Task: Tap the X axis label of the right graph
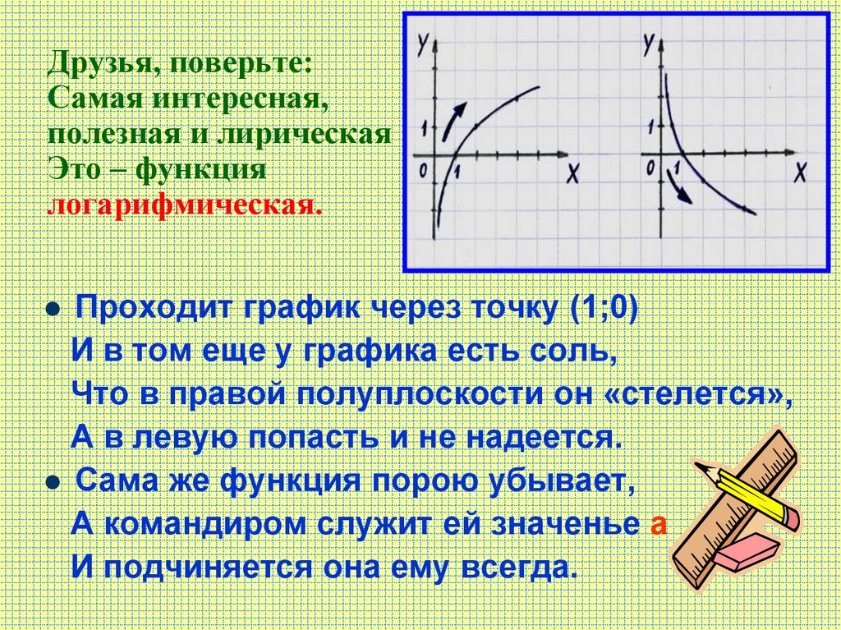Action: click(799, 172)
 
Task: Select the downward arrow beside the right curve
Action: click(678, 194)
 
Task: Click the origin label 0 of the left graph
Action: click(422, 171)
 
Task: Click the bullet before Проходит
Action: click(52, 312)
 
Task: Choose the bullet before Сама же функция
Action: click(52, 481)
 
